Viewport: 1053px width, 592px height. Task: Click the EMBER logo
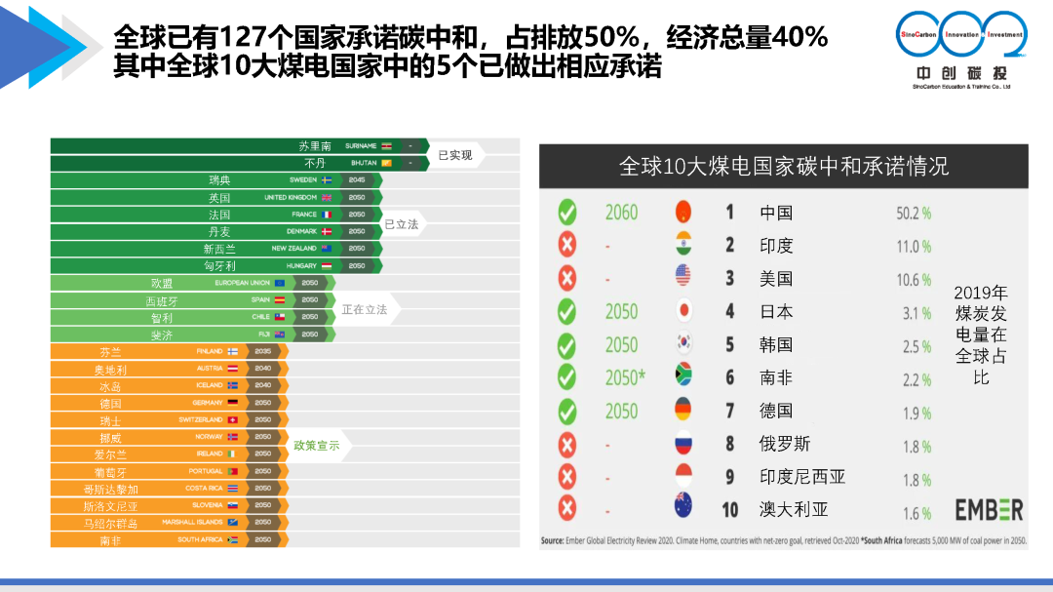(x=989, y=510)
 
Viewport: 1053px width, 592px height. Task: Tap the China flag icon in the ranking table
(x=683, y=212)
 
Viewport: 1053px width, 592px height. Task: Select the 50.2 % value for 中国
(x=914, y=213)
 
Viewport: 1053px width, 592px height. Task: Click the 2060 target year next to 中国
(x=621, y=213)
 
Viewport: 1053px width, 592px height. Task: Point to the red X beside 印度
(x=566, y=245)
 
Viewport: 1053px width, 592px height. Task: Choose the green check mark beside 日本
(x=566, y=311)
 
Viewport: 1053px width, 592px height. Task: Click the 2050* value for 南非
(x=625, y=378)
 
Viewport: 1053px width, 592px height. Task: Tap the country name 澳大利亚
(x=794, y=509)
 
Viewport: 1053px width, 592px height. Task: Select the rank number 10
(x=730, y=509)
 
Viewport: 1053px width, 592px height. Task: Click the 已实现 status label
(x=455, y=155)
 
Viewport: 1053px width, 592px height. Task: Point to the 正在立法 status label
(x=365, y=309)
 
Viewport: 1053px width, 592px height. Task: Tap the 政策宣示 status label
(x=317, y=446)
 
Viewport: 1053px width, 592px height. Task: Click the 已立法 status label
(x=401, y=224)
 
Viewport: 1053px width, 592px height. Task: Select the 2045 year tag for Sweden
(x=357, y=180)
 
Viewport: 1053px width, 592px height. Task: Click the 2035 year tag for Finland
(x=263, y=351)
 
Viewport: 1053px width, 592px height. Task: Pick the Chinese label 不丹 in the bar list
(x=314, y=163)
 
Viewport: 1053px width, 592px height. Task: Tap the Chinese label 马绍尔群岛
(x=110, y=523)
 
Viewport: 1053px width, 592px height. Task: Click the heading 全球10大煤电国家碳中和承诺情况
(x=783, y=166)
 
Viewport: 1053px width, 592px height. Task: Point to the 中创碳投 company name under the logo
(x=961, y=74)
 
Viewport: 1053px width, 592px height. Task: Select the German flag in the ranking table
(x=683, y=411)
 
